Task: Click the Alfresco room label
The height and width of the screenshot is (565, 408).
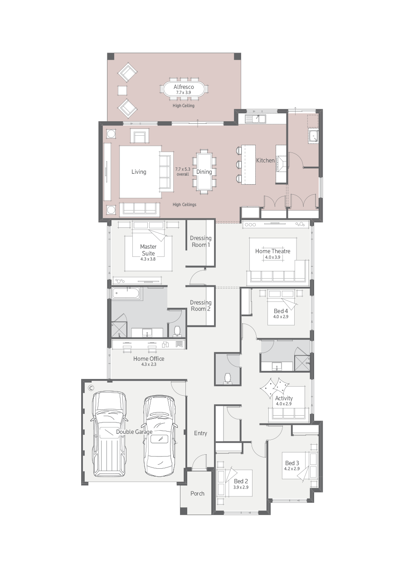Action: [x=184, y=87]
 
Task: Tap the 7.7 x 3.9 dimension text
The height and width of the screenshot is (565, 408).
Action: [x=184, y=93]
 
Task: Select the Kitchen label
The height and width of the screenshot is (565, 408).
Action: [x=265, y=160]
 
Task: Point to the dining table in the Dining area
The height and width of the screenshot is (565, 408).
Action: [x=204, y=172]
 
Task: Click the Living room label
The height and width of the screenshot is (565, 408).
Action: [x=139, y=172]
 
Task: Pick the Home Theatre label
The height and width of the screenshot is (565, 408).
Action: [x=272, y=251]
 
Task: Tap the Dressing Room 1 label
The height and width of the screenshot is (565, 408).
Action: [x=200, y=241]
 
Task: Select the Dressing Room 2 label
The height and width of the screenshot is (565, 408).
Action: [x=200, y=305]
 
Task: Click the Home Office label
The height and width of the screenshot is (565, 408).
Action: [x=149, y=359]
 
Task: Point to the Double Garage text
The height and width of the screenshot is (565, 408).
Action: [x=134, y=432]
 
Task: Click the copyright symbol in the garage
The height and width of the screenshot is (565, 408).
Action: [x=91, y=388]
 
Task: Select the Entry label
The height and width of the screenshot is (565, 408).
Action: [x=200, y=433]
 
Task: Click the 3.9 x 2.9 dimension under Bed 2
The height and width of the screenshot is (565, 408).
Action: [x=241, y=487]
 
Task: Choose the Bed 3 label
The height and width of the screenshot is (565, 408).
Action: [x=292, y=463]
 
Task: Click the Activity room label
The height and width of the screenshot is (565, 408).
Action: [x=284, y=398]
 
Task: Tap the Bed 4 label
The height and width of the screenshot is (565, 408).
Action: [x=281, y=311]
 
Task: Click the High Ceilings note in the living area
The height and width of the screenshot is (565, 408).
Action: [x=185, y=205]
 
